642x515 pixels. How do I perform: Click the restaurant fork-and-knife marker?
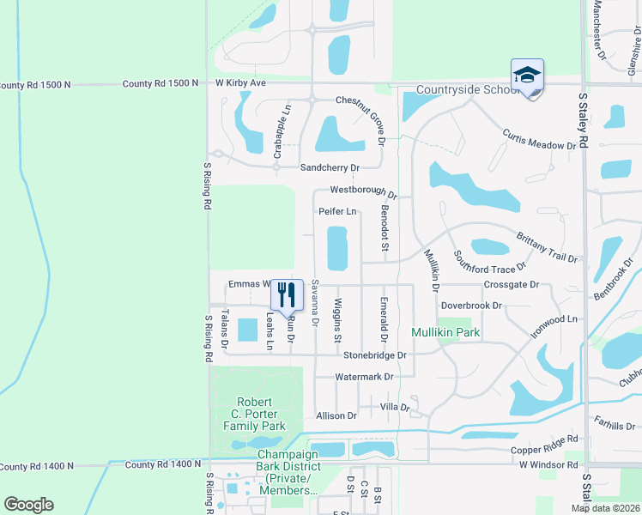[288, 294]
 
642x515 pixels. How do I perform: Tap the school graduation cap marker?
[527, 76]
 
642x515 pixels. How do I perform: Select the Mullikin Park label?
[445, 332]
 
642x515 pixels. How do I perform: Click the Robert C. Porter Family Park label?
[254, 414]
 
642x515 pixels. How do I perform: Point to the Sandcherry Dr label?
[329, 167]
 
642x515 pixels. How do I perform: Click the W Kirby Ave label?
[240, 83]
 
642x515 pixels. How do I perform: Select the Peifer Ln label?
[337, 211]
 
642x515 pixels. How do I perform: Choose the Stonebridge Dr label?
[374, 354]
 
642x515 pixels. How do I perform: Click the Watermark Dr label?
[364, 377]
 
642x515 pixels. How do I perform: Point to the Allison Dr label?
[336, 415]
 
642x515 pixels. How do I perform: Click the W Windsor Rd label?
[548, 464]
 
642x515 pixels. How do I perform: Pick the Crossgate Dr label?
[512, 284]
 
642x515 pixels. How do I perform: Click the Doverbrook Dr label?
[469, 306]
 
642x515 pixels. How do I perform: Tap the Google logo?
[28, 505]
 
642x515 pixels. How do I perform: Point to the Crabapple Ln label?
[278, 133]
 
